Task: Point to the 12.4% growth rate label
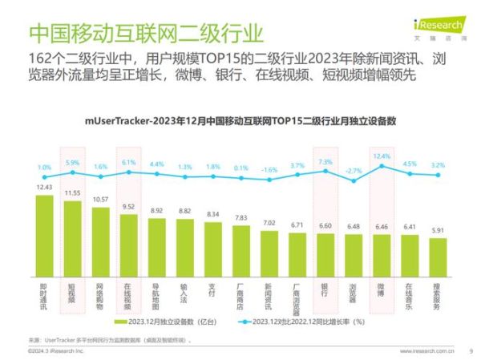pos(382,156)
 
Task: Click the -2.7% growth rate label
pos(353,171)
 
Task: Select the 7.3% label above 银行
pos(325,162)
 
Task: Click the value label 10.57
pos(100,200)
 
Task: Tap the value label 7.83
pos(240,217)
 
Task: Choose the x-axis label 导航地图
pos(156,295)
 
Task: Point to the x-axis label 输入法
pos(184,292)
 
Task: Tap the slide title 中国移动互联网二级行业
pos(145,34)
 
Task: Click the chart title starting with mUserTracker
pos(241,122)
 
